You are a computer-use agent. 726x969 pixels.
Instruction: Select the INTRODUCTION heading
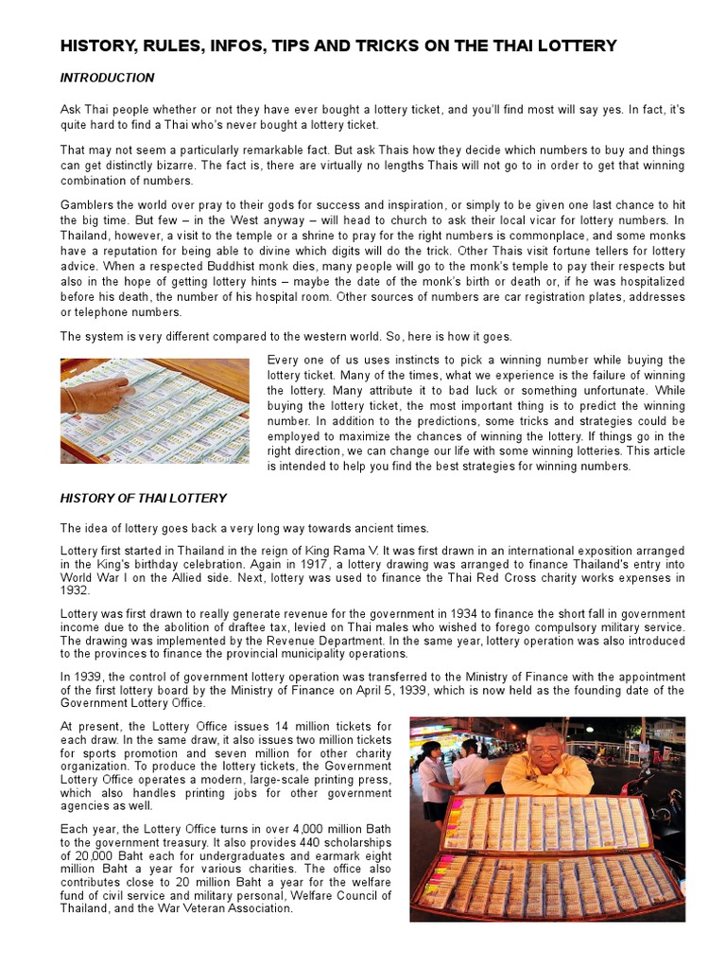coord(107,78)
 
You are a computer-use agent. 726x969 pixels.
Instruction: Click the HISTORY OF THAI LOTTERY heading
coord(144,498)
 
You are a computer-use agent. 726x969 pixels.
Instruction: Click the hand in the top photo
coord(100,393)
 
